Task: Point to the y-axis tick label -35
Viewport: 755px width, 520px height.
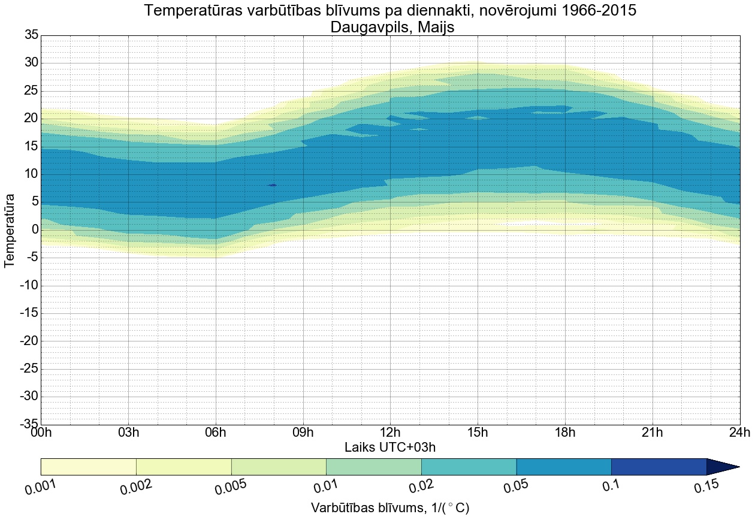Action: (x=29, y=424)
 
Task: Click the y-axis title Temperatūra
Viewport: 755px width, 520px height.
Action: (x=10, y=230)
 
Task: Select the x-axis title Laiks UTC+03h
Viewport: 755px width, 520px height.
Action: (x=390, y=448)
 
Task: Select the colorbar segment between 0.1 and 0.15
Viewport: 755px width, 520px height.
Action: (x=659, y=467)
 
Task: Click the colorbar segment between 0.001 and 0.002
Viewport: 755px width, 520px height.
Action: (x=88, y=467)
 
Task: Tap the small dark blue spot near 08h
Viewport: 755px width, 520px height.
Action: (x=273, y=185)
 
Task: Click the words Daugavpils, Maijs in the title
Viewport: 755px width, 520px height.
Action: (x=390, y=27)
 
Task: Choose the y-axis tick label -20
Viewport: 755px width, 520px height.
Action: (x=29, y=341)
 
